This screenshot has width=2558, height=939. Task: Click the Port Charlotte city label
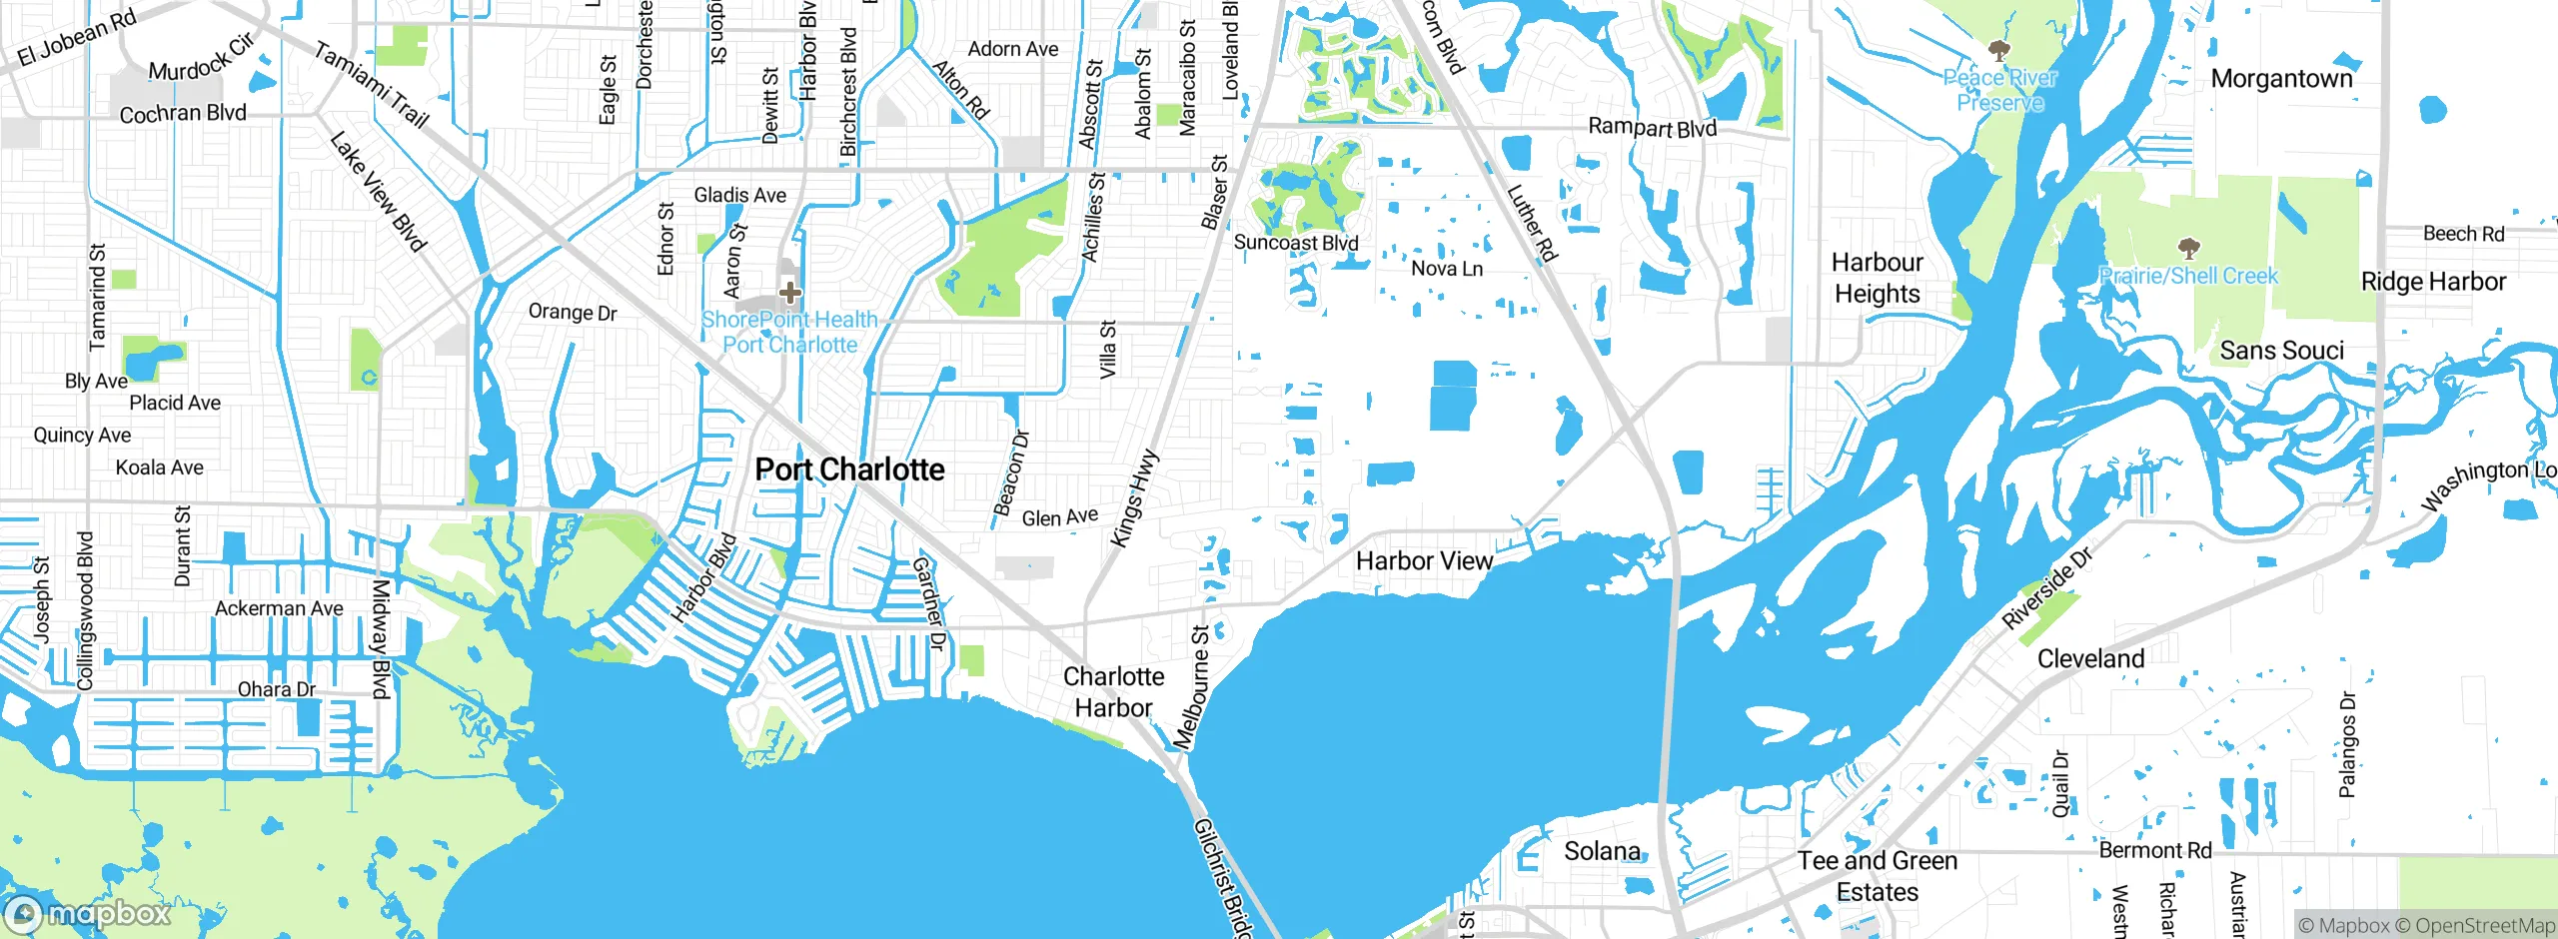click(849, 469)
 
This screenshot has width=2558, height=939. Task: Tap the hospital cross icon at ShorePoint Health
click(790, 293)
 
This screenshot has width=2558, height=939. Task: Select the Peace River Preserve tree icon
click(1998, 50)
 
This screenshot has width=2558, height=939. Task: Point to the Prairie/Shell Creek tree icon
click(2188, 247)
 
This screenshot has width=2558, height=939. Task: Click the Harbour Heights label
click(1877, 278)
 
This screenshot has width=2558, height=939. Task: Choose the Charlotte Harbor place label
click(1113, 691)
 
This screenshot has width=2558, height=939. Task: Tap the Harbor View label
click(1424, 561)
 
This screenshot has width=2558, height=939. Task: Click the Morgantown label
click(2281, 78)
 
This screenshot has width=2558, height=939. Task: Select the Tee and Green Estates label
click(1877, 876)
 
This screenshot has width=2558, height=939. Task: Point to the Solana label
click(1602, 851)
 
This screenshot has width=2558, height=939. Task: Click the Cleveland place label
click(2090, 659)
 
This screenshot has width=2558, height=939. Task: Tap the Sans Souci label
click(2281, 351)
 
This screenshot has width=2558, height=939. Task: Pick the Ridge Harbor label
click(2433, 282)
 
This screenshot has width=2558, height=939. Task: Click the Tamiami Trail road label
click(371, 85)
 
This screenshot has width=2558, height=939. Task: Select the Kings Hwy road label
click(1134, 498)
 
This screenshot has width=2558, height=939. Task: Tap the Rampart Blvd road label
click(1652, 127)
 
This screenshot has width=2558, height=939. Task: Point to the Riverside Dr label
click(2046, 588)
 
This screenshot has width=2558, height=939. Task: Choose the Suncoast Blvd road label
click(1296, 243)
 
